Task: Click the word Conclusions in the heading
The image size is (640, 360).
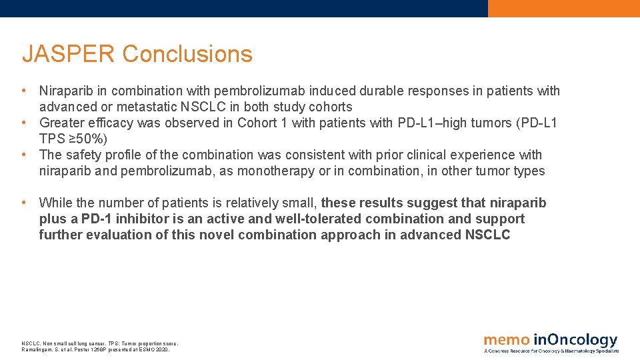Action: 187,54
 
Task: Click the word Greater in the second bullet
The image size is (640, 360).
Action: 65,123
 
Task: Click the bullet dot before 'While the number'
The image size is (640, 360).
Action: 24,203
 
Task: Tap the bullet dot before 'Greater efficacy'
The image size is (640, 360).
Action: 24,123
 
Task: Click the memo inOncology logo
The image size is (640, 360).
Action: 551,342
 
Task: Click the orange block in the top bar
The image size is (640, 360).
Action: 563,8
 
